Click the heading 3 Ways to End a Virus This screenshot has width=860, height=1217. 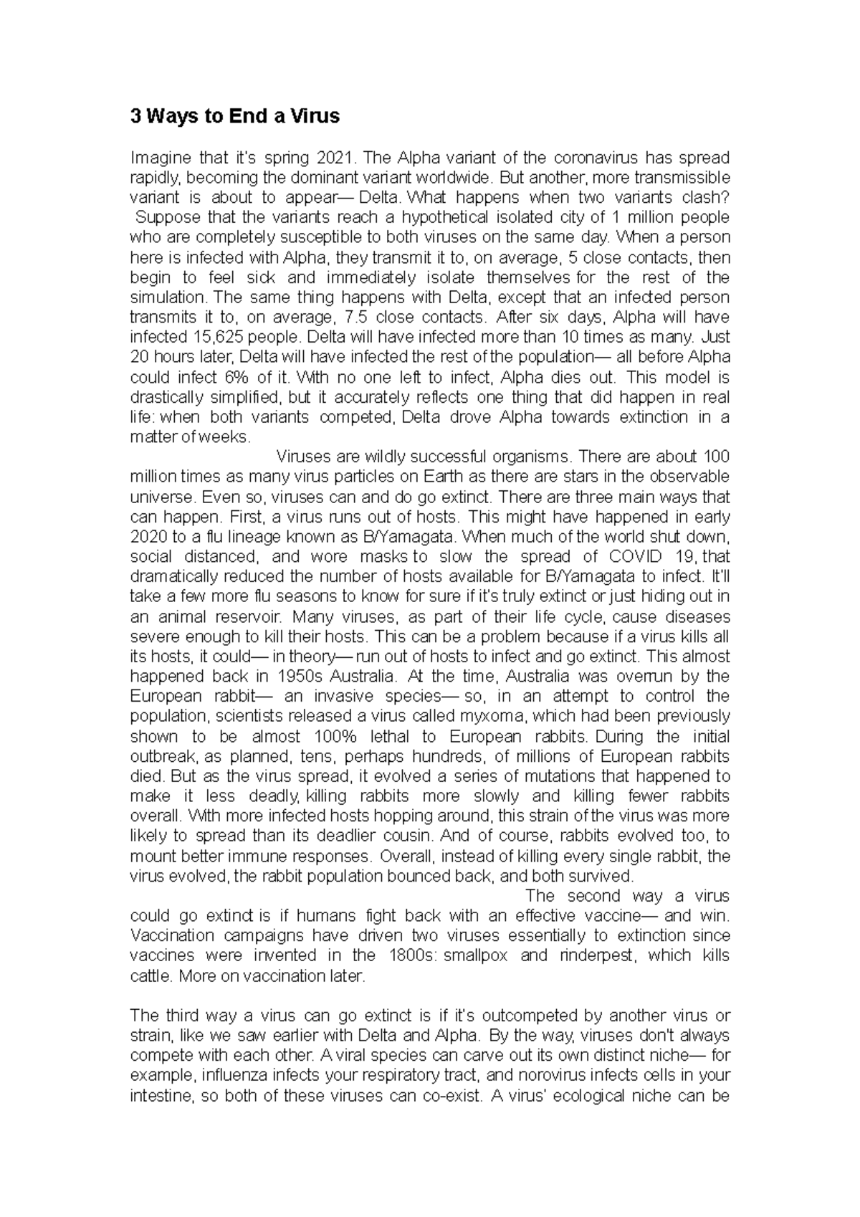click(x=234, y=116)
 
